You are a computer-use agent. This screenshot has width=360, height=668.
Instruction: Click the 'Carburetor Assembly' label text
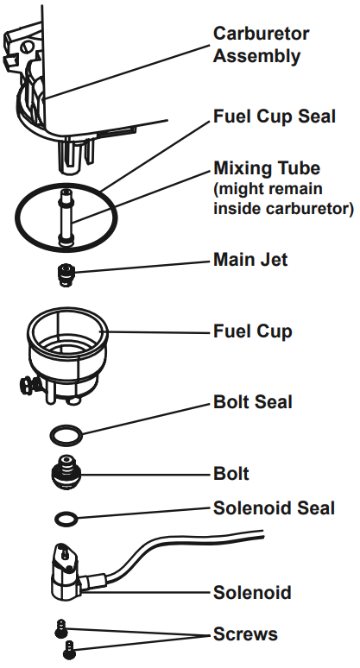262,46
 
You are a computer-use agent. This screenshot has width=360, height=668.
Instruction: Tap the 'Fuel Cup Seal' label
275,116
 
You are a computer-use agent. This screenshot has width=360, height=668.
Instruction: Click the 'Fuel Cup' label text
252,331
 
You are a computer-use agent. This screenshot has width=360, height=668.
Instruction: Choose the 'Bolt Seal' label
252,402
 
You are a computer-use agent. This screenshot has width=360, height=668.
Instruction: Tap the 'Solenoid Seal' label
274,508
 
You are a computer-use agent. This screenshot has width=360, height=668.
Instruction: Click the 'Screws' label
245,634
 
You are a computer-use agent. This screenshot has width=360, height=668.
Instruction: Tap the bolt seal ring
65,432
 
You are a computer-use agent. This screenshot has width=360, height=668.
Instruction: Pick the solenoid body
65,574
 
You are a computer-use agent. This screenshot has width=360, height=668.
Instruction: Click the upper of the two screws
61,627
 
